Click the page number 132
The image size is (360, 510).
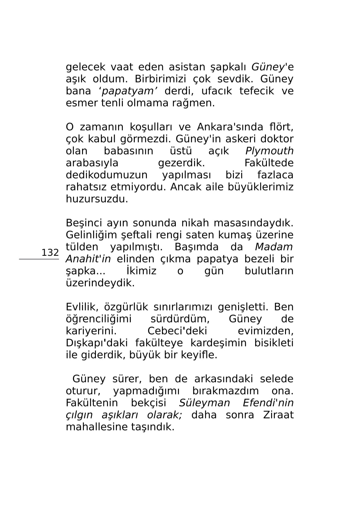coord(50,252)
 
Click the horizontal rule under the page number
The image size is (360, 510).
coord(39,259)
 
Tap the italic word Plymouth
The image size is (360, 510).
coord(269,151)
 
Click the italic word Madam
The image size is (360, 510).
coord(274,247)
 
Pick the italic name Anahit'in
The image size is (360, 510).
coord(88,259)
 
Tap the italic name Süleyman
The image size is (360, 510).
coord(205,403)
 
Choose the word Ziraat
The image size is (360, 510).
coord(278,415)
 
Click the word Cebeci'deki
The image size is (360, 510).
coord(177,331)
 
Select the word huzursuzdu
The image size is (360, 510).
coord(97,199)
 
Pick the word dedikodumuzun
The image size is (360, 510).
coord(107,175)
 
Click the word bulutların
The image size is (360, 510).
coord(269,271)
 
